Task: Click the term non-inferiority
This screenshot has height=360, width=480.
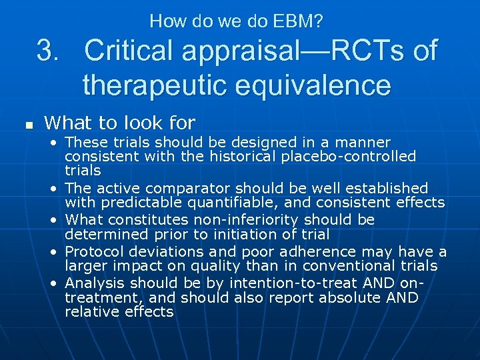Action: pos(242,220)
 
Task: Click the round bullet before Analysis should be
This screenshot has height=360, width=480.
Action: pos(53,283)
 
